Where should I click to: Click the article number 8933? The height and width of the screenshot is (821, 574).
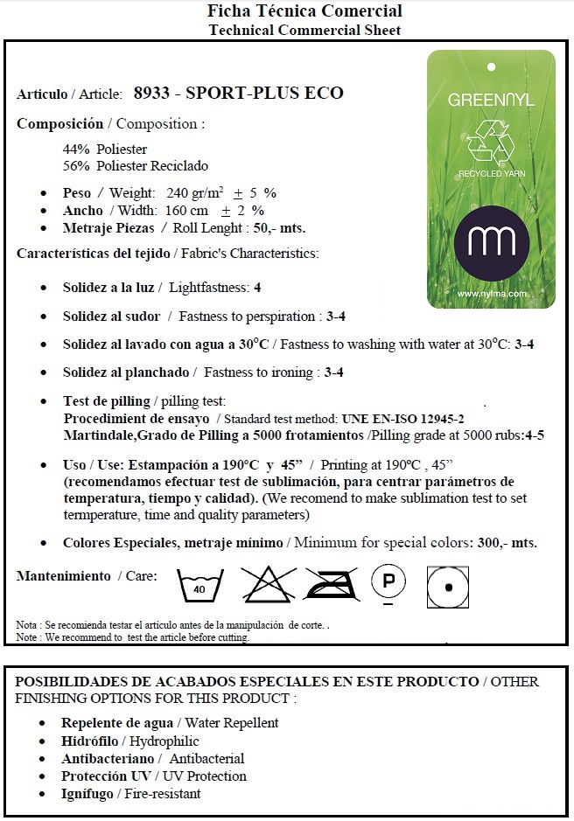click(151, 94)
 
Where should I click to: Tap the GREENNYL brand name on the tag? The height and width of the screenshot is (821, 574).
click(491, 100)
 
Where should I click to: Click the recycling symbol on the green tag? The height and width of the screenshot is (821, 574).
click(490, 142)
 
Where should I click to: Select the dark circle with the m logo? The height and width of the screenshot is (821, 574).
click(492, 242)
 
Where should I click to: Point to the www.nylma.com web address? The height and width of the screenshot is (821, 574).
click(491, 295)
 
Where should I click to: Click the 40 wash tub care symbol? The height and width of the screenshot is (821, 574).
click(200, 586)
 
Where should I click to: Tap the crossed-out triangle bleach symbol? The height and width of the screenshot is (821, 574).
click(268, 584)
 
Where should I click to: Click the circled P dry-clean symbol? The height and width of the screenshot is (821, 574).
click(389, 581)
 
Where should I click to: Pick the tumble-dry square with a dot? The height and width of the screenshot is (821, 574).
click(448, 587)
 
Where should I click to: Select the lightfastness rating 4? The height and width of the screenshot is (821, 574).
click(257, 287)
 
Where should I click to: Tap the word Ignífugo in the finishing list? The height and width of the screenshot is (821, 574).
click(87, 794)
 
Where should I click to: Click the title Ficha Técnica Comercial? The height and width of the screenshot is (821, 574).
click(304, 11)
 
